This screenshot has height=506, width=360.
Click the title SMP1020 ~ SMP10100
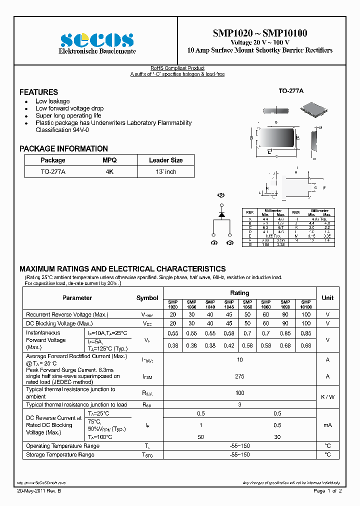point(260,33)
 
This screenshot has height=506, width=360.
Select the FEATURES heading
point(38,92)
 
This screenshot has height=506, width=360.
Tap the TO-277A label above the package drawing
point(290,91)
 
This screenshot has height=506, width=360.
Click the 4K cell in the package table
point(109,171)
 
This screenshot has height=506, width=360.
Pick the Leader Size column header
point(165,160)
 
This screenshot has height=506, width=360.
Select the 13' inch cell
point(165,171)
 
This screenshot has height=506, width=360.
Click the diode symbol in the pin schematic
point(221,214)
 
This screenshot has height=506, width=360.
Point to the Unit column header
point(327,297)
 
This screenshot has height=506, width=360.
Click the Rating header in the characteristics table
point(239,293)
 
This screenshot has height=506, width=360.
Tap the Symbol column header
point(147,297)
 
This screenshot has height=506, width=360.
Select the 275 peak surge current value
point(239,375)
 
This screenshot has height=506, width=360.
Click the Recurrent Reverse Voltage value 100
point(306,314)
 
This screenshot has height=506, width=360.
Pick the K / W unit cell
point(327,397)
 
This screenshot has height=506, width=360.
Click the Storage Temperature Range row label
point(60,454)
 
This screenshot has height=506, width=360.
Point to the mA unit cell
point(327,425)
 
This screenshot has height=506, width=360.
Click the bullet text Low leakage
point(52,101)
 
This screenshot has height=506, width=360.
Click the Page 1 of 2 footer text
point(327,491)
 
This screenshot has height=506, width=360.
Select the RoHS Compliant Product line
point(177,68)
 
